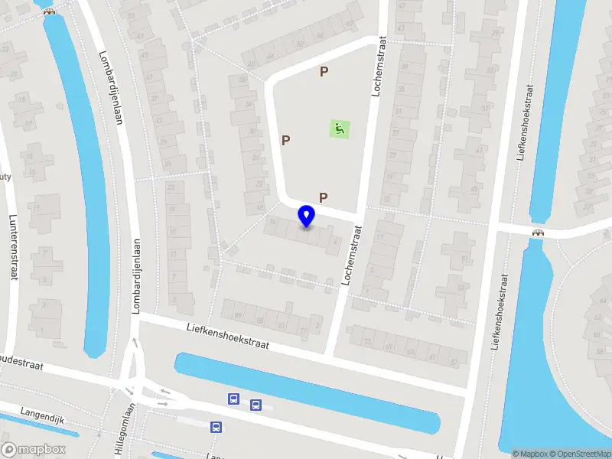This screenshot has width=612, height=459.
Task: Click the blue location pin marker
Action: [307, 216]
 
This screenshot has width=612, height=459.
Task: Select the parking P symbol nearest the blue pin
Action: [324, 197]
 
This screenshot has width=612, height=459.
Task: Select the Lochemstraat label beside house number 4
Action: [351, 256]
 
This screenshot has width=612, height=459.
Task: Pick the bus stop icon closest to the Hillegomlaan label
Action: [216, 428]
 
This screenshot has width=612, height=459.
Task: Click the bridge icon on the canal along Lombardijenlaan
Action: [50, 11]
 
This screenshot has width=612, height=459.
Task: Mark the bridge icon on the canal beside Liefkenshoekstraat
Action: [539, 233]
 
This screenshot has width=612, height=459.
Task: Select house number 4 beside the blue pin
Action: [336, 242]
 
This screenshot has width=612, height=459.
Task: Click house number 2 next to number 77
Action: [317, 326]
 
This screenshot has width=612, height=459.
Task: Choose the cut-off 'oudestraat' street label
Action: [21, 363]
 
